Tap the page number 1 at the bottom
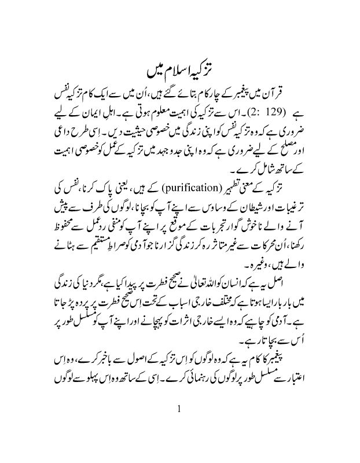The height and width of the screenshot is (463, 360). click(180, 409)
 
